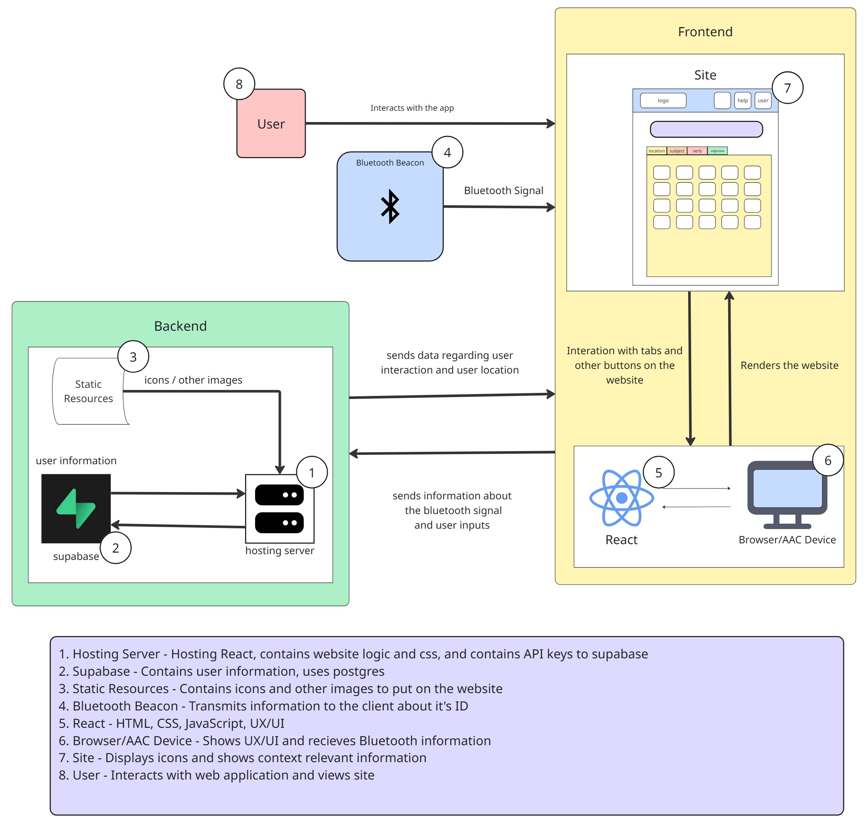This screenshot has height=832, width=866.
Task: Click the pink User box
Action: point(271,124)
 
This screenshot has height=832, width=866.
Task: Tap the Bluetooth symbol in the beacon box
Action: point(390,206)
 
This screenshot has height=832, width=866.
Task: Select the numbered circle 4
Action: point(447,152)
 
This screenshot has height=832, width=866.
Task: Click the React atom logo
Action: point(621,498)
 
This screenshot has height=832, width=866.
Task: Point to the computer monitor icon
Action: point(787,494)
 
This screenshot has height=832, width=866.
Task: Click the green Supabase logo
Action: point(76,509)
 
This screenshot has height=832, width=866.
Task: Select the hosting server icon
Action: point(279,509)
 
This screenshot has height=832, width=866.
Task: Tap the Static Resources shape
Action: point(88,391)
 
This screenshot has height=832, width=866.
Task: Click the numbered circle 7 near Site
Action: point(787,88)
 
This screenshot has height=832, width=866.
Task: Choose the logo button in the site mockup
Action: point(663,100)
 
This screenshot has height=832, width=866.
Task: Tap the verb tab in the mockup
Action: point(697,151)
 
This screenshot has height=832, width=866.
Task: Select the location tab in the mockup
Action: point(656,151)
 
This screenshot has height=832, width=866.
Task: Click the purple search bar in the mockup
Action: point(706,129)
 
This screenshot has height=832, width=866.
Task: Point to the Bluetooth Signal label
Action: point(503,190)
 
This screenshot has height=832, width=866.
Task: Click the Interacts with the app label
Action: point(412,108)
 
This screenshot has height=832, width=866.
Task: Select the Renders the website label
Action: point(789,365)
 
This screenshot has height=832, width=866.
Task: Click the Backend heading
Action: point(180,326)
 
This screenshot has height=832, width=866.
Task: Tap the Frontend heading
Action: point(705,32)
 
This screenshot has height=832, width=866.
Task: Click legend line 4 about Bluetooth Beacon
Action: point(263,706)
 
